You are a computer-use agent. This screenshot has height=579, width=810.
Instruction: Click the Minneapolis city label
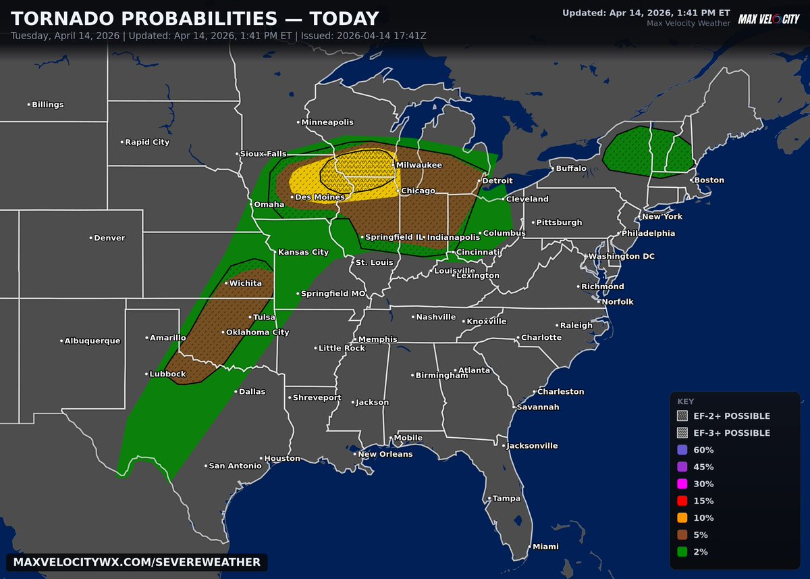327,122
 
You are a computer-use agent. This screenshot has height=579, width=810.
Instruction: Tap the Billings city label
48,105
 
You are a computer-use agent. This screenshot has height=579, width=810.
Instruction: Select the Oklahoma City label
259,332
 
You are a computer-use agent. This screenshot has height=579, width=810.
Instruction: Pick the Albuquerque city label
92,341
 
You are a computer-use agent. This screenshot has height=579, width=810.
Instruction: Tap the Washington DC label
622,257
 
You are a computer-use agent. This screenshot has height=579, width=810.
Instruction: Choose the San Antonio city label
234,466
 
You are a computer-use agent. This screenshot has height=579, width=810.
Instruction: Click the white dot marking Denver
91,238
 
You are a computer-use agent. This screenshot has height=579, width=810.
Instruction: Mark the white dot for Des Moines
292,197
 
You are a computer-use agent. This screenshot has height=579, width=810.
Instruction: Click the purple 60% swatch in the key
682,450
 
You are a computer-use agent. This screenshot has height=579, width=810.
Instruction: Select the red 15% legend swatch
682,501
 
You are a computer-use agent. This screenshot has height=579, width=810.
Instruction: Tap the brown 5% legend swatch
682,535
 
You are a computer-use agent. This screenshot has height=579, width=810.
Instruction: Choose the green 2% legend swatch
682,552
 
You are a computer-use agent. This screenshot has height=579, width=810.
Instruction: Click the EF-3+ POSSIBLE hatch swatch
682,433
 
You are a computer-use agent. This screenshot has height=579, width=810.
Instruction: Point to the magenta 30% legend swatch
682,484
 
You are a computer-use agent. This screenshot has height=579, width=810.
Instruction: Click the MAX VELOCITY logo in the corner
769,19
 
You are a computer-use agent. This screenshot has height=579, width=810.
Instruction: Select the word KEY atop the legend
685,401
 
